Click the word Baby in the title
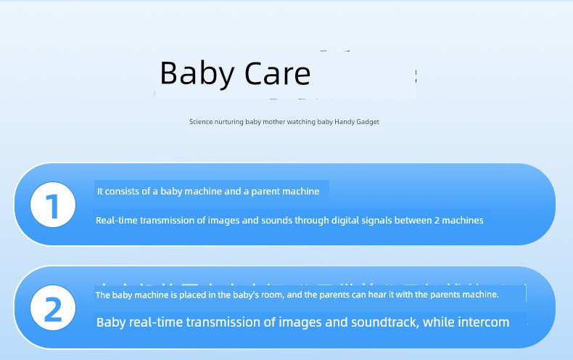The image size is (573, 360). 191,73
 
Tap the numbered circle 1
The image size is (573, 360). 53,205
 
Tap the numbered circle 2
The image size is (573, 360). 53,308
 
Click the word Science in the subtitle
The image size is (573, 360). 201,122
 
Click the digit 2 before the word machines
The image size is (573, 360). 437,220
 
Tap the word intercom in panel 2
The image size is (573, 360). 482,322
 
